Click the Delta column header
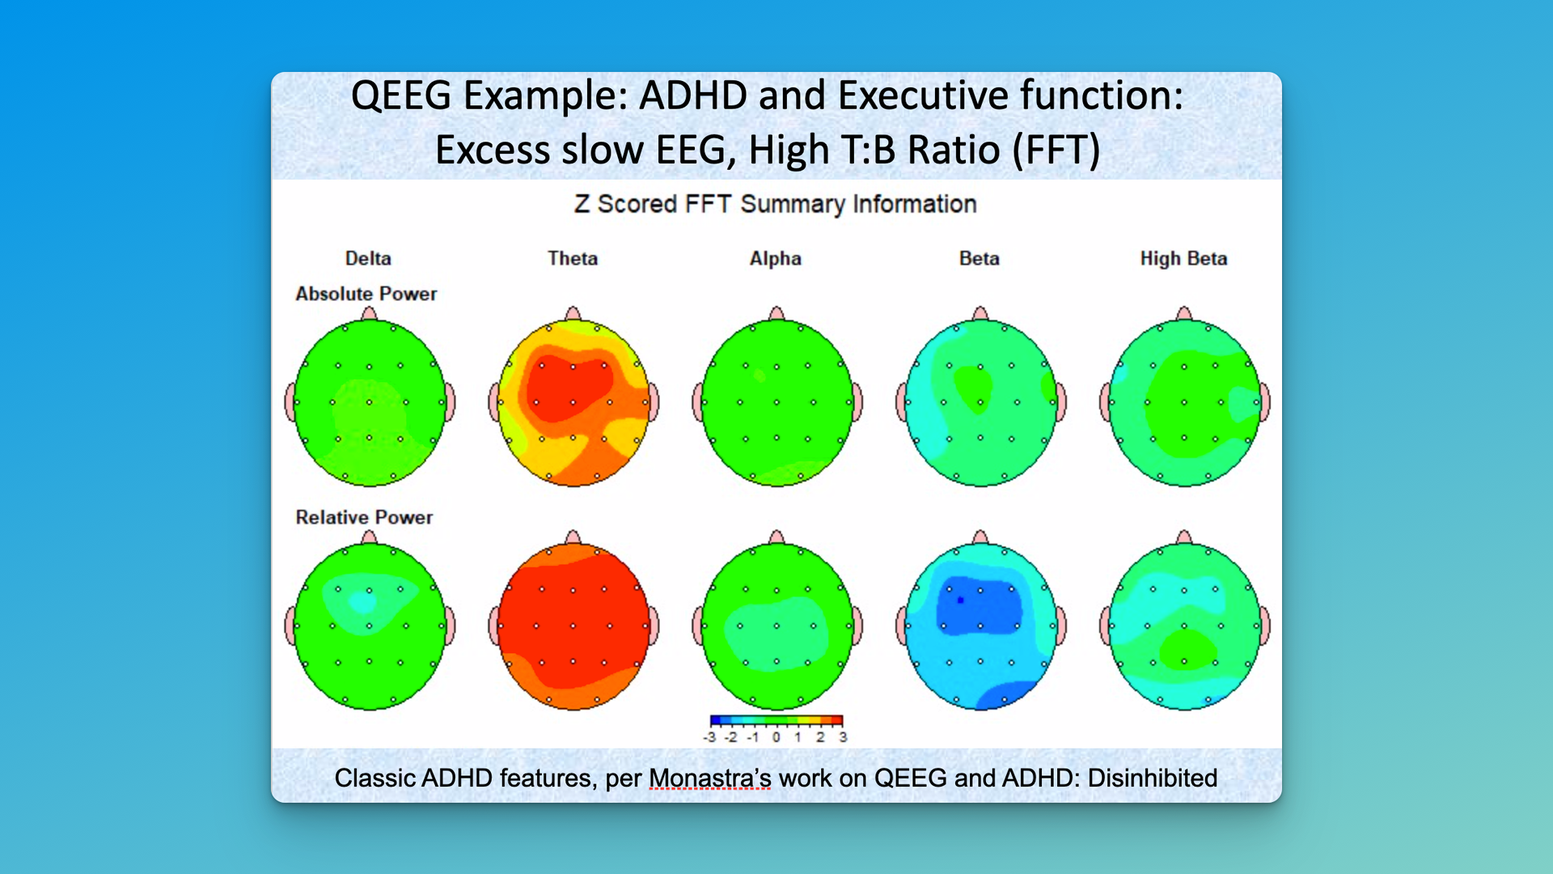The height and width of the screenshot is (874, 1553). tap(368, 258)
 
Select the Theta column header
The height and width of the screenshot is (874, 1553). tap(573, 258)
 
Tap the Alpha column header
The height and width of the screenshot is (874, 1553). tap(775, 258)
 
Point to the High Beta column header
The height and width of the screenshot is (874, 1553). tap(1183, 258)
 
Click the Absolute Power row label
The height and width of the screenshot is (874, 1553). tap(366, 294)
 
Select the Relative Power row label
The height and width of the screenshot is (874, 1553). tap(364, 517)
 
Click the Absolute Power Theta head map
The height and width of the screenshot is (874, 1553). tap(573, 402)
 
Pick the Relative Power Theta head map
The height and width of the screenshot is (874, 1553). tap(573, 626)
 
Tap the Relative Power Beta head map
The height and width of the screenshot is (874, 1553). tap(980, 626)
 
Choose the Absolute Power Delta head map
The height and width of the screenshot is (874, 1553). tap(370, 402)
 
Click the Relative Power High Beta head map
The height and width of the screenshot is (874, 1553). tap(1184, 626)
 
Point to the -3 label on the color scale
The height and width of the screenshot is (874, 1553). tap(709, 737)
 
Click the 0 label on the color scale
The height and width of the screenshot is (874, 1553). tap(776, 737)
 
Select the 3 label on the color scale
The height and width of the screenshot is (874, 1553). tap(843, 737)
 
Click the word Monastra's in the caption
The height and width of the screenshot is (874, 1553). tap(709, 778)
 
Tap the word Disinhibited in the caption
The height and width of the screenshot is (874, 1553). tap(1152, 778)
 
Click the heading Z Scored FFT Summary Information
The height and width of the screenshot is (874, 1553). tap(775, 204)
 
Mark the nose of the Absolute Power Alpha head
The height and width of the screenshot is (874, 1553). tap(776, 313)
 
